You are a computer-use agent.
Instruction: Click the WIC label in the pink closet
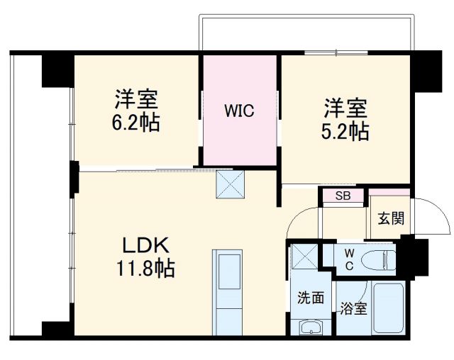pyautogui.click(x=239, y=111)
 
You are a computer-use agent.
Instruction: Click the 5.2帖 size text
pyautogui.click(x=345, y=132)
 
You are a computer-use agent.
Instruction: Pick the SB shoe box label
pyautogui.click(x=341, y=196)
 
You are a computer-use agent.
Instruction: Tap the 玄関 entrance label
pyautogui.click(x=390, y=218)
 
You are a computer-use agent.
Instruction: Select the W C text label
pyautogui.click(x=348, y=259)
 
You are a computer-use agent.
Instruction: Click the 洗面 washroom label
pyautogui.click(x=310, y=298)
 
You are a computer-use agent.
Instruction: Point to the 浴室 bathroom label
pyautogui.click(x=353, y=309)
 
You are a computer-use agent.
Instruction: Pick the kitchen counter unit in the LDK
pyautogui.click(x=228, y=291)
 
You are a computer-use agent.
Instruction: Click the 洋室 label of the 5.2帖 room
pyautogui.click(x=345, y=108)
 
